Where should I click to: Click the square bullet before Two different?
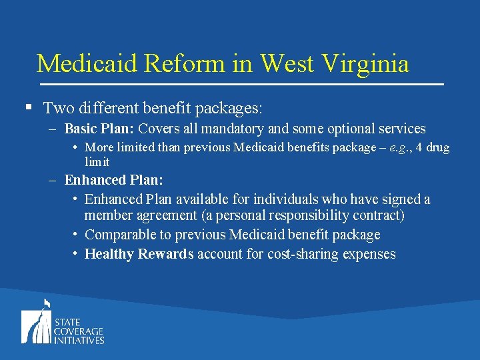(x=28, y=107)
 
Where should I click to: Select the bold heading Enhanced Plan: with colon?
(x=114, y=180)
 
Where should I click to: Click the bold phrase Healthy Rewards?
(x=139, y=254)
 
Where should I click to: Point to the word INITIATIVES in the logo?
(x=79, y=340)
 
